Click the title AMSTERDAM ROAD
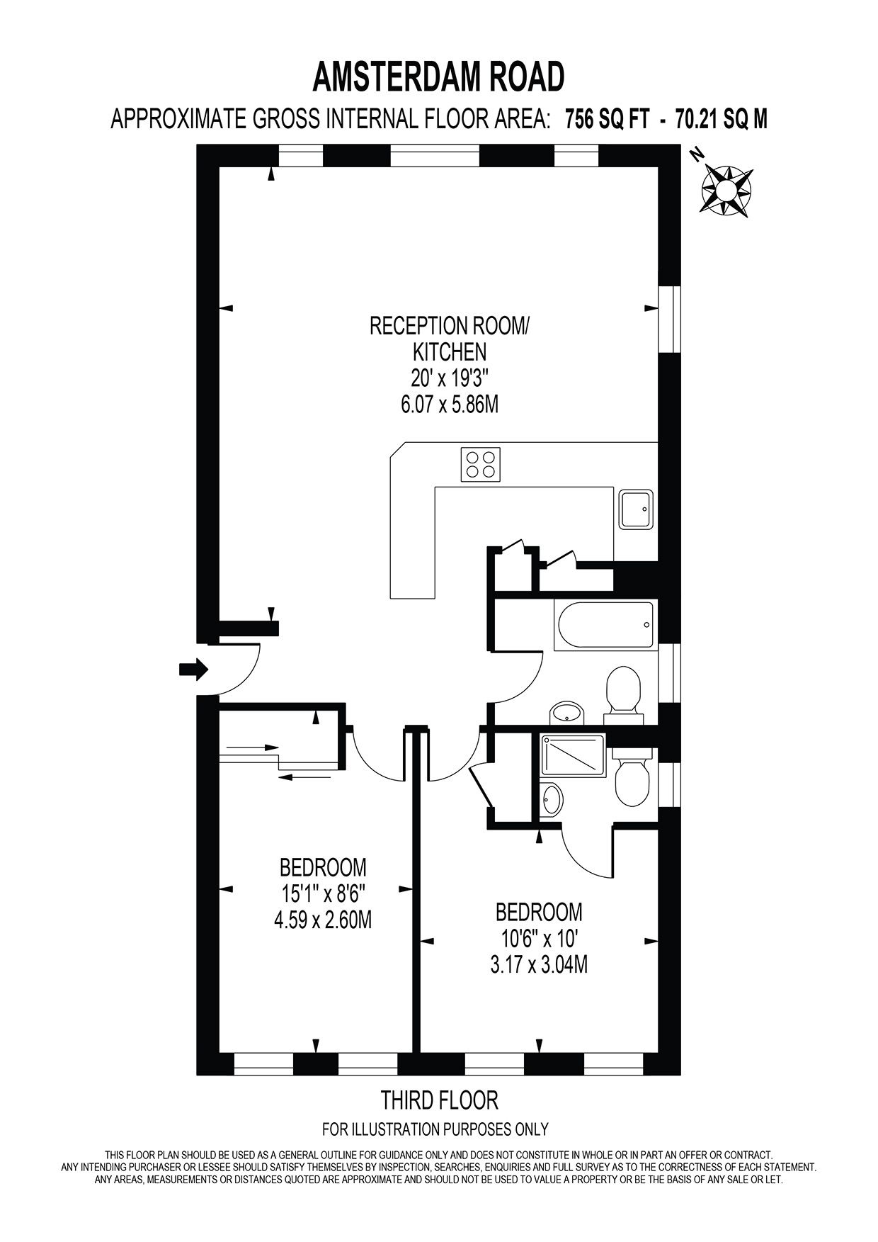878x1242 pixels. pos(439,77)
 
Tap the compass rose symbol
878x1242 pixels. pos(726,188)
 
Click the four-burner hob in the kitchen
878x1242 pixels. pos(481,465)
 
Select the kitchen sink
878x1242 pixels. pos(637,509)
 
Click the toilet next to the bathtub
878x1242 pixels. pos(624,690)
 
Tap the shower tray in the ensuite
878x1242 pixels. pos(573,755)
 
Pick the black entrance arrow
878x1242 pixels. pos(193,668)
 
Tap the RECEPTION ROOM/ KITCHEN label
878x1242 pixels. pos(449,338)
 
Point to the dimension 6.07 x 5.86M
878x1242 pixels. pos(449,404)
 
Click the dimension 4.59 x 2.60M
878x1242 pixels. pos(322,920)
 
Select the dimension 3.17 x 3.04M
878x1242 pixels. pos(539,964)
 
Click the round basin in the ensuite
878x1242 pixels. pos(552,799)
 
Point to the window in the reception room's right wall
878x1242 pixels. pos(668,318)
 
